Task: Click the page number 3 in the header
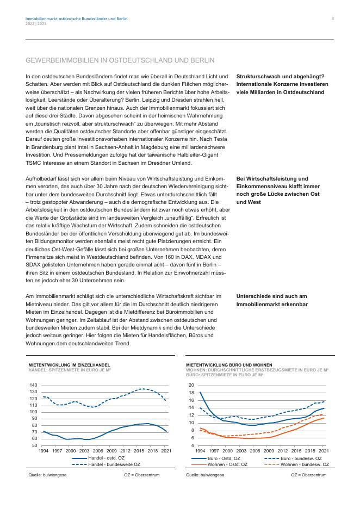pyautogui.click(x=332, y=18)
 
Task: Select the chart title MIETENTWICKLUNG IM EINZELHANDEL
pyautogui.click(x=69, y=365)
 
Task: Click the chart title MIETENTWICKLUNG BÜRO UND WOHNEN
pyautogui.click(x=229, y=365)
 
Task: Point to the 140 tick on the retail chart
pyautogui.click(x=33, y=385)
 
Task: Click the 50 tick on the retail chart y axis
pyautogui.click(x=34, y=445)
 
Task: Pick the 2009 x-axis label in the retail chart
pyautogui.click(x=111, y=451)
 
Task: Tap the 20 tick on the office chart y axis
pyautogui.click(x=191, y=385)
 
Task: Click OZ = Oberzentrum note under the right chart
pyautogui.click(x=309, y=475)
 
